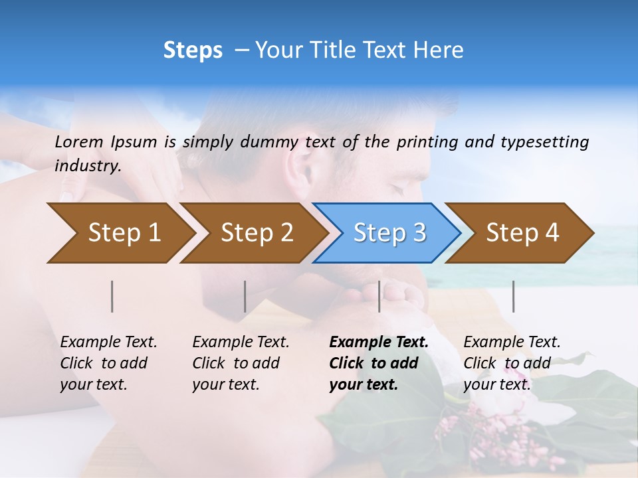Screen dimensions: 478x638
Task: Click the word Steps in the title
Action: pyautogui.click(x=193, y=50)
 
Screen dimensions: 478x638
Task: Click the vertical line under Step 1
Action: pyautogui.click(x=112, y=296)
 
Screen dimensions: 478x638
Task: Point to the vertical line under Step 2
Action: pyautogui.click(x=245, y=296)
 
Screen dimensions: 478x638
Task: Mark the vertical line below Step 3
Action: pyautogui.click(x=379, y=296)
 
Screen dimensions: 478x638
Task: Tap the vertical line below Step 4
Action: pyautogui.click(x=514, y=296)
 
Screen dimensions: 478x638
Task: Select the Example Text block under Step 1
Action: pyautogui.click(x=108, y=362)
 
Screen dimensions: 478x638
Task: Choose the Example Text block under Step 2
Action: pyautogui.click(x=241, y=362)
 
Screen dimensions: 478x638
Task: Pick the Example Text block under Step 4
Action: pyautogui.click(x=512, y=362)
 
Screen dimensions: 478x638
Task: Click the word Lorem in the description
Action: pyautogui.click(x=79, y=141)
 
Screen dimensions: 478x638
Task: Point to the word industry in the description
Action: pyautogui.click(x=87, y=166)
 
